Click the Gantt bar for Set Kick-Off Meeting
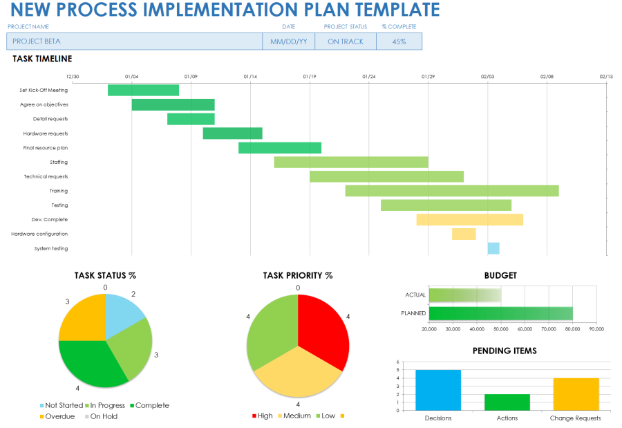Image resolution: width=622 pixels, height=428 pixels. [143, 90]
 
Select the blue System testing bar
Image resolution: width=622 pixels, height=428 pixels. [493, 248]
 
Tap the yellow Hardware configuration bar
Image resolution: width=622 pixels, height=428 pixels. [464, 234]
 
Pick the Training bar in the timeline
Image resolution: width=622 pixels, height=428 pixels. [452, 191]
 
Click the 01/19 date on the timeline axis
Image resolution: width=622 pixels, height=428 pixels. [310, 77]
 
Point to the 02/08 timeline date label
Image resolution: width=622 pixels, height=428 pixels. [547, 77]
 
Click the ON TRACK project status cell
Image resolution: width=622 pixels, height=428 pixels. [345, 41]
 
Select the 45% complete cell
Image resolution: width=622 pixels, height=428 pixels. [399, 41]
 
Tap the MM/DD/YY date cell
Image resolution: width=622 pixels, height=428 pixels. [288, 41]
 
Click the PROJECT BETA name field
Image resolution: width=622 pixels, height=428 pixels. [134, 41]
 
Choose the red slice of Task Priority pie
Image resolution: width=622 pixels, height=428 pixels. [321, 331]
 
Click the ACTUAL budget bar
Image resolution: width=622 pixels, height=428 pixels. [464, 295]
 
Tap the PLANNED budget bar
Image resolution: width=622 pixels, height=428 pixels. [500, 313]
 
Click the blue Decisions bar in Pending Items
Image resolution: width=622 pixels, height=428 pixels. [438, 391]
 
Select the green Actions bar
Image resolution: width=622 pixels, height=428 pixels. [507, 402]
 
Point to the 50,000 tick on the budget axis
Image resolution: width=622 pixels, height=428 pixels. [501, 329]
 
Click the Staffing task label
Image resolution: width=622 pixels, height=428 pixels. [59, 162]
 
